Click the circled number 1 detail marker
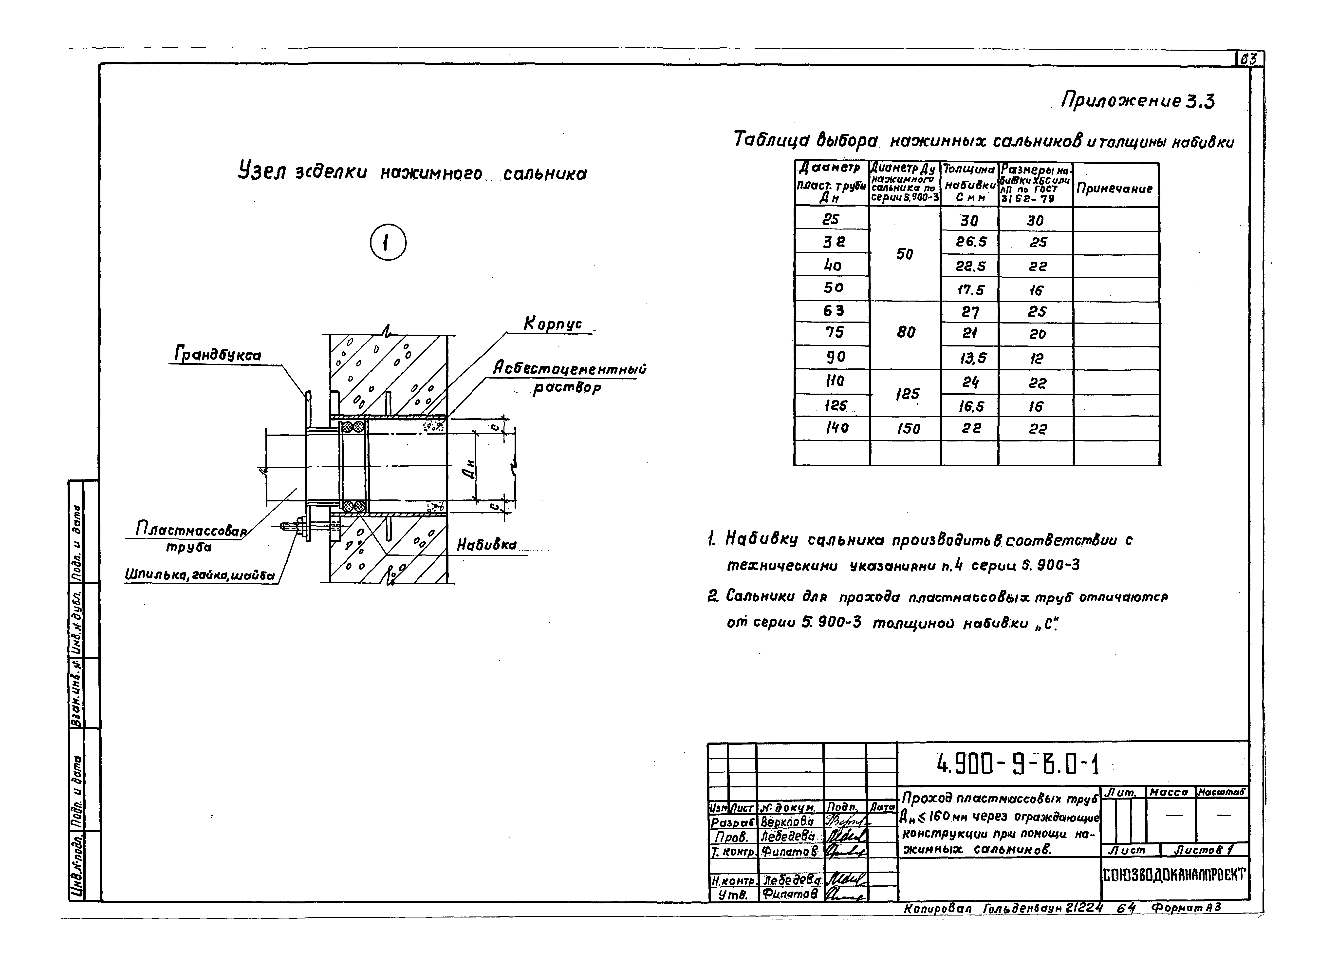[x=388, y=243]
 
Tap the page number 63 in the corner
[x=1249, y=59]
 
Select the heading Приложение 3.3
[x=1138, y=102]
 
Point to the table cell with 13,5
[x=970, y=358]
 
